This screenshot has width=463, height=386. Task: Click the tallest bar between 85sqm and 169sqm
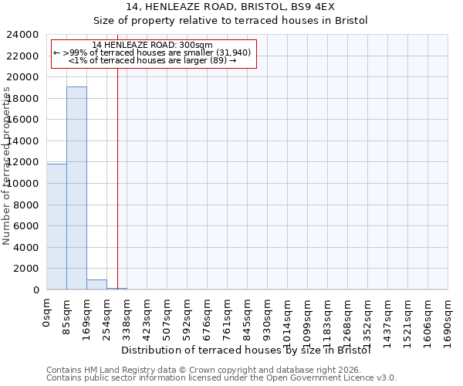pos(76,188)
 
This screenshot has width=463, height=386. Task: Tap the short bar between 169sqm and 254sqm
pos(96,284)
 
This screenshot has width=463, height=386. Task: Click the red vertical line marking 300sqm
pos(117,178)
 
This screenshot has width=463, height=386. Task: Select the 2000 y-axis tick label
pos(27,269)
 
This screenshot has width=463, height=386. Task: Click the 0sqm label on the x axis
pos(47,313)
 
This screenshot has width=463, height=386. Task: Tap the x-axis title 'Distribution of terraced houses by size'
pos(246,350)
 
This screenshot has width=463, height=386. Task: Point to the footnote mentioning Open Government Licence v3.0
pos(221,378)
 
